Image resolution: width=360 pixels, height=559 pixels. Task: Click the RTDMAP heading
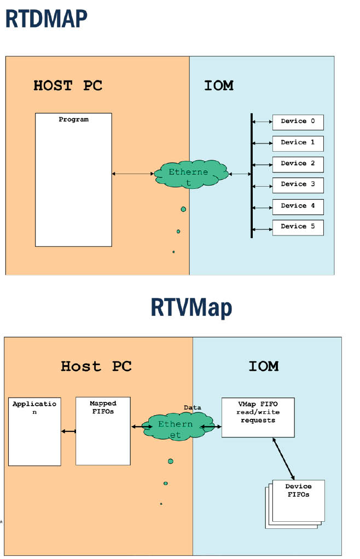point(46,19)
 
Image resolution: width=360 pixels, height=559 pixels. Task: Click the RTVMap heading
point(191,308)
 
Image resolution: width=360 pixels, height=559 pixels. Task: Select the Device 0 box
point(298,122)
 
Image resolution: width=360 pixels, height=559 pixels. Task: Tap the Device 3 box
point(298,185)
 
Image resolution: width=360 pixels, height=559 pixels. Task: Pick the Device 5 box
point(298,227)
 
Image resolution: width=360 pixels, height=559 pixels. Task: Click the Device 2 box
point(298,164)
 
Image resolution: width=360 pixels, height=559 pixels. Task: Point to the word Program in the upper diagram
point(73,119)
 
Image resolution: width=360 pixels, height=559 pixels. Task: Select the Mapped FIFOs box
point(103,431)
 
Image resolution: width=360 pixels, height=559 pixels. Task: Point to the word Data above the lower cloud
point(192,408)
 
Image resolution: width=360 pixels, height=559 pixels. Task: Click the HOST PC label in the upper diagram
point(68,86)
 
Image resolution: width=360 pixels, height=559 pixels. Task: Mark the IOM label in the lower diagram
point(263,366)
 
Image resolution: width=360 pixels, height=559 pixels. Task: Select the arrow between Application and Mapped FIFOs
point(68,431)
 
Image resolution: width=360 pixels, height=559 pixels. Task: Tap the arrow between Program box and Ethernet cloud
point(133,174)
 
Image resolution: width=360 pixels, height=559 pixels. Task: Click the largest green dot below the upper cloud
point(183,209)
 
